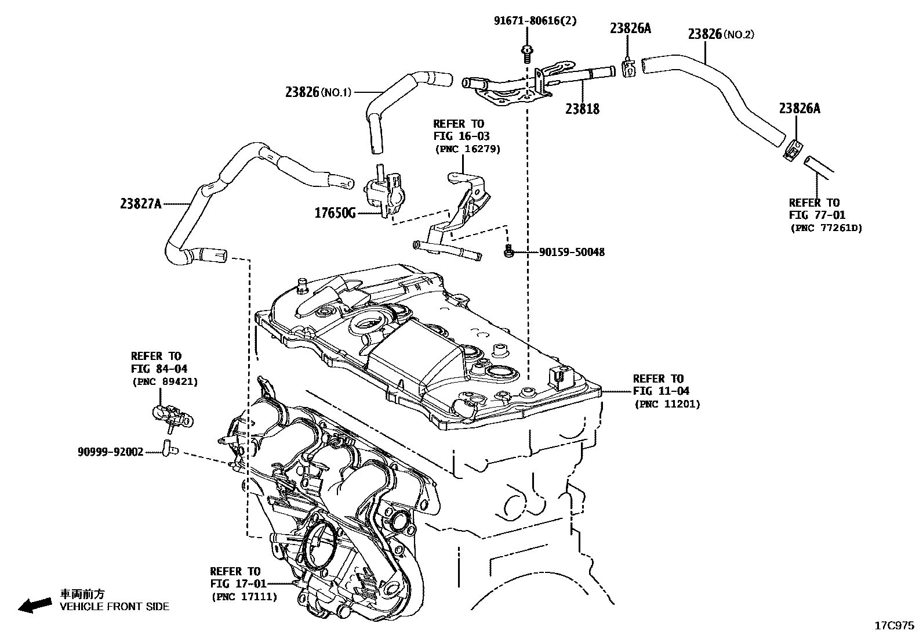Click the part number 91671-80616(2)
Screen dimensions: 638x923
click(535, 21)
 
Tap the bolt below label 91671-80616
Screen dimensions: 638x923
click(527, 54)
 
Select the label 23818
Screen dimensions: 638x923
click(582, 109)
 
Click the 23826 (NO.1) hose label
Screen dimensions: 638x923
click(318, 92)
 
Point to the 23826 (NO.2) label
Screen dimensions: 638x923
click(721, 34)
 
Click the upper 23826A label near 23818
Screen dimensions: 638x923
click(630, 28)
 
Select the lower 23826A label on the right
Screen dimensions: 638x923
click(800, 108)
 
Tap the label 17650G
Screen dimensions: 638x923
click(335, 213)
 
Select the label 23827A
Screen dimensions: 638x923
click(141, 203)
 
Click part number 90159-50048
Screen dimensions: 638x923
click(572, 252)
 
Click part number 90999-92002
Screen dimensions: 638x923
click(110, 450)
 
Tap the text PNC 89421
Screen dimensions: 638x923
click(165, 381)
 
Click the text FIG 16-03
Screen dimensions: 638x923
click(461, 136)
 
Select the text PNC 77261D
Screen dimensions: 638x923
click(826, 228)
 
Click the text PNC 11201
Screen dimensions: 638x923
click(667, 403)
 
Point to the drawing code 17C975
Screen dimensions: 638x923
click(894, 626)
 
